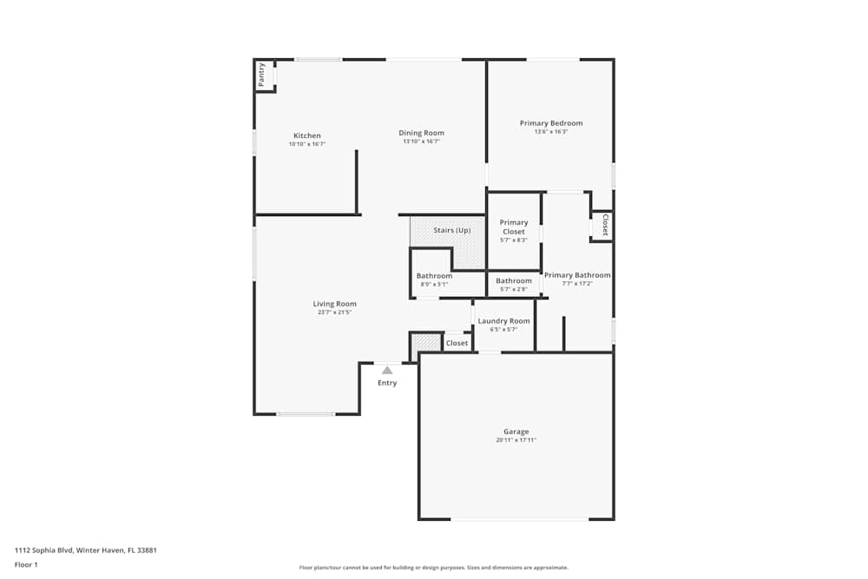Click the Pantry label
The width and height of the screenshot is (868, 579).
(x=261, y=75)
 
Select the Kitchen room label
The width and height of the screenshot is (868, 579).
(x=307, y=135)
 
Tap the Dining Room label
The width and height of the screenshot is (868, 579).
(x=422, y=133)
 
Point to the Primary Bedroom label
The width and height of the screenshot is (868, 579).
(x=551, y=123)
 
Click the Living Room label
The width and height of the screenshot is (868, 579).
(x=335, y=304)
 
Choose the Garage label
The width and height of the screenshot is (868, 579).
(x=516, y=431)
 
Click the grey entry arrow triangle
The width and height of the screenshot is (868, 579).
(x=387, y=370)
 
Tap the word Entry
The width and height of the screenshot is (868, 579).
(x=387, y=383)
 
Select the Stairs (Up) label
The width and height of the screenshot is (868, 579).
(x=452, y=230)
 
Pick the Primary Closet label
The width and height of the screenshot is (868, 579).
(x=514, y=227)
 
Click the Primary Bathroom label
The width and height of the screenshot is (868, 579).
(x=577, y=275)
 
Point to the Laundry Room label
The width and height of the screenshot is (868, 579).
(x=503, y=321)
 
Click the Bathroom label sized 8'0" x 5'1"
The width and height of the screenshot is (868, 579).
(x=434, y=276)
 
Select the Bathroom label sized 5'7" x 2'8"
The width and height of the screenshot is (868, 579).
(x=514, y=280)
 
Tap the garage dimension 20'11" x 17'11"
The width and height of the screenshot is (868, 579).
(x=516, y=440)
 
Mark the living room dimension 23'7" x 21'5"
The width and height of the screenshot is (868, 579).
(x=335, y=313)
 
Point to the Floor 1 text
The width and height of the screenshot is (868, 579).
(x=26, y=564)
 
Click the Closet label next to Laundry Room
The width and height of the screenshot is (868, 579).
(x=457, y=343)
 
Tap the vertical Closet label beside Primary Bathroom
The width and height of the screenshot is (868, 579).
(x=605, y=226)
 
